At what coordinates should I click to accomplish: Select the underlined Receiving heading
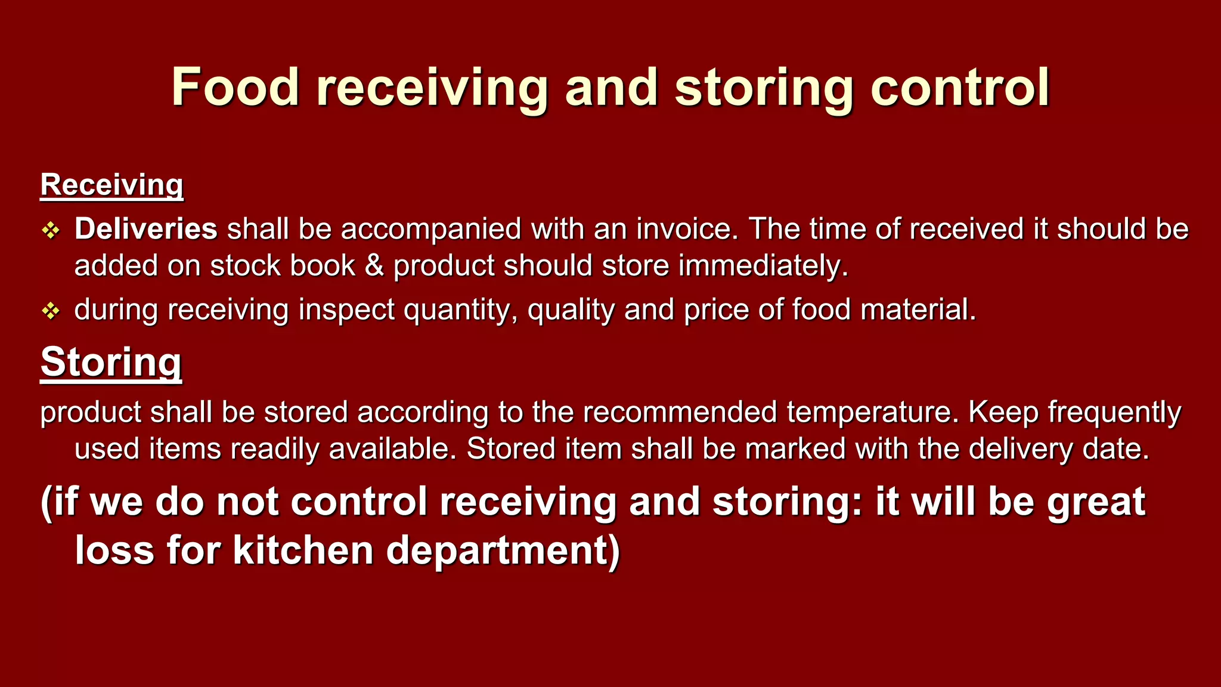(111, 185)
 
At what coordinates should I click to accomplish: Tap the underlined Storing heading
(111, 362)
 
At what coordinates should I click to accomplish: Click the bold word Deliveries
(145, 229)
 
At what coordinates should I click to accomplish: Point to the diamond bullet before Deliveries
(51, 230)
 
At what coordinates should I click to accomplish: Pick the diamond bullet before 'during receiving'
(51, 311)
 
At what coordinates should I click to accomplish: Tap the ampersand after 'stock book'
(374, 265)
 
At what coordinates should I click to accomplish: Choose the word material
(918, 310)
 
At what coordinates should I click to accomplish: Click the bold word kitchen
(303, 550)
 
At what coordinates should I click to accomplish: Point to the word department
(503, 550)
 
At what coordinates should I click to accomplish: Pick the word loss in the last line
(114, 550)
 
